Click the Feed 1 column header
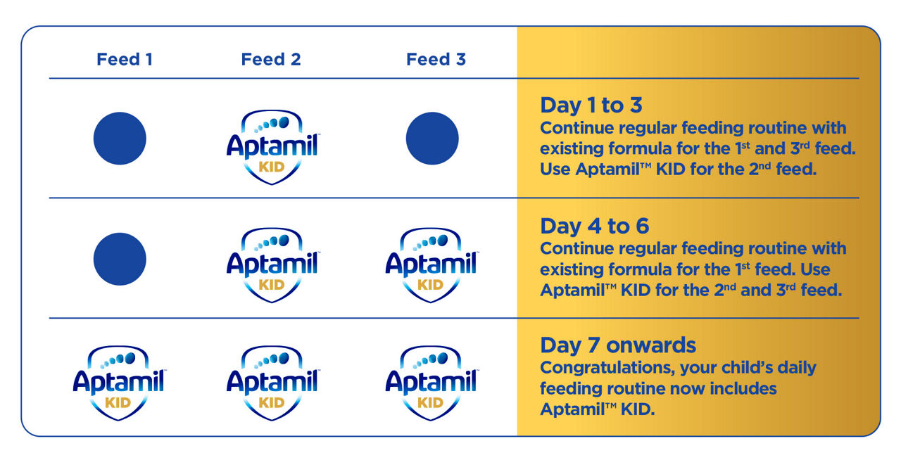(125, 60)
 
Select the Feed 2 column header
(271, 60)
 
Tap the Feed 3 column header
(436, 60)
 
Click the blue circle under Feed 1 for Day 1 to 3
(120, 139)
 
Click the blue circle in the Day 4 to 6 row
(120, 259)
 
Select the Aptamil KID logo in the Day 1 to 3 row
(272, 147)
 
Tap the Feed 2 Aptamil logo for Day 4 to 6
(272, 265)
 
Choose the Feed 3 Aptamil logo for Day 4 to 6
(431, 265)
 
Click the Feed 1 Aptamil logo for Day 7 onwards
(119, 383)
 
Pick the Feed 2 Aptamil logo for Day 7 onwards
(272, 383)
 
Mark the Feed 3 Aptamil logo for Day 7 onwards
(431, 383)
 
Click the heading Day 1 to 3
(591, 106)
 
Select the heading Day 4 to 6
(595, 226)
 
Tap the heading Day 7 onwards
(618, 345)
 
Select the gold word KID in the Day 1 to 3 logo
(272, 167)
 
